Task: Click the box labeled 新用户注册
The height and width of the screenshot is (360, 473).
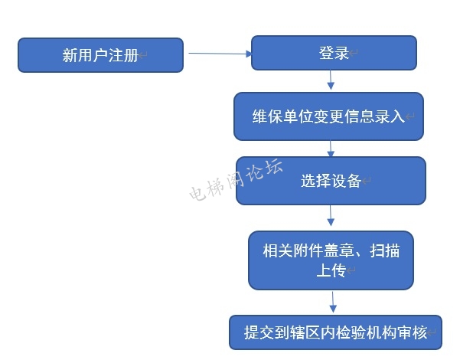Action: coord(100,55)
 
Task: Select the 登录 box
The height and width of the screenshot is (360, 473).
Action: coord(334,53)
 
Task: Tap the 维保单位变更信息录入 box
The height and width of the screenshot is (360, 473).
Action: coord(328,116)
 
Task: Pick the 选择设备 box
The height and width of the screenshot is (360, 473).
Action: coord(330,181)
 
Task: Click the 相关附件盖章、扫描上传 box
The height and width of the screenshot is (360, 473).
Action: coord(331,260)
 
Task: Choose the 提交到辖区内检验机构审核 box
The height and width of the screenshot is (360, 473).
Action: coord(335,332)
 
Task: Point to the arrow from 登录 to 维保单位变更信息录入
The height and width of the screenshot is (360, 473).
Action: coord(331,80)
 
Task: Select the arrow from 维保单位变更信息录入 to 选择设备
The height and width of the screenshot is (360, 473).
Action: coord(331,149)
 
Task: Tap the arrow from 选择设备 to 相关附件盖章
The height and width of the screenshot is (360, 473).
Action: coord(331,217)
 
